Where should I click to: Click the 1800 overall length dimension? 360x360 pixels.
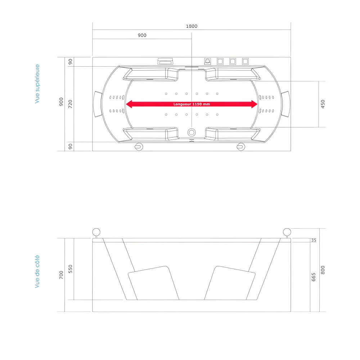192,26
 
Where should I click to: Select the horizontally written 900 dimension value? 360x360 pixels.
142,35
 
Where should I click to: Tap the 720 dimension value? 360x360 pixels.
71,104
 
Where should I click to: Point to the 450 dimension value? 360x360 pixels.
323,104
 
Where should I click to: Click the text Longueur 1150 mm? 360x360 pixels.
192,104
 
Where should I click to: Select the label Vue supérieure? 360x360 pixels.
37,84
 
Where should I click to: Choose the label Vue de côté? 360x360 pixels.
37,272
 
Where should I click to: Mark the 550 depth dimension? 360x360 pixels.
71,269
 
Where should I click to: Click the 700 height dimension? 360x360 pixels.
61,275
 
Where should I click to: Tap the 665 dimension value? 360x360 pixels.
313,277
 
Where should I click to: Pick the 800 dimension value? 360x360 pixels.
323,270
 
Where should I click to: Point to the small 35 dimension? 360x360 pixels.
313,240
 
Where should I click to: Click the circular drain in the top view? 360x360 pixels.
192,132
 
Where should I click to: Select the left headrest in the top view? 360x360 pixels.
98,104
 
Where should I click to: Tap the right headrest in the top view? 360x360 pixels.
285,104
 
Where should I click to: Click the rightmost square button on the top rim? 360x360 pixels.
245,61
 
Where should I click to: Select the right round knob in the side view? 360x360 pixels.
287,232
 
